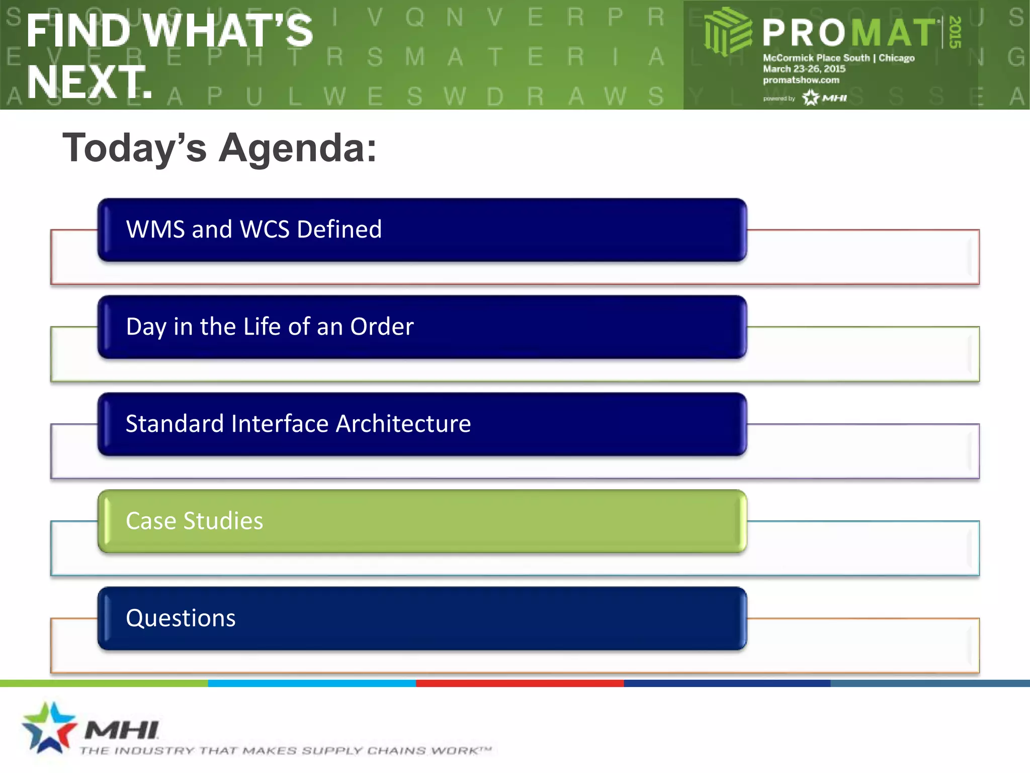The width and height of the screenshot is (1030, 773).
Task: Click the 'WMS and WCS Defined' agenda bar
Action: tap(421, 229)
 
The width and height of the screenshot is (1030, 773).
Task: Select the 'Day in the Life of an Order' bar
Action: tap(421, 327)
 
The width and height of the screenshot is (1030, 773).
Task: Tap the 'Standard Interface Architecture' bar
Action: tap(421, 424)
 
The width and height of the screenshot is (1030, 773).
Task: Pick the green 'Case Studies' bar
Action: tap(421, 521)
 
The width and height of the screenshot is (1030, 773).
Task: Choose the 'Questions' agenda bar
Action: tap(421, 618)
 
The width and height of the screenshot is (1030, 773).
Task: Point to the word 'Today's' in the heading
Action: tap(134, 148)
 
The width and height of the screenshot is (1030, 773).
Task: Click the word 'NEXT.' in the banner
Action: tap(89, 82)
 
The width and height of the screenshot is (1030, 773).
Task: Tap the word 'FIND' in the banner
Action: tap(78, 31)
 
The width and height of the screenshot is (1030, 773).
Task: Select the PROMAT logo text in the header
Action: tap(848, 33)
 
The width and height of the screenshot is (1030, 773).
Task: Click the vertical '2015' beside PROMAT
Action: tap(955, 32)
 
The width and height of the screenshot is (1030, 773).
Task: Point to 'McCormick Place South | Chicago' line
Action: tap(838, 58)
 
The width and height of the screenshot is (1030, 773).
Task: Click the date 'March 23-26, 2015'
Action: tap(804, 69)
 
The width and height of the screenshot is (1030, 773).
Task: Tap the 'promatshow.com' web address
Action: tap(801, 80)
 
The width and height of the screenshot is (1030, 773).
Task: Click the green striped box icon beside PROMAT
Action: tap(727, 31)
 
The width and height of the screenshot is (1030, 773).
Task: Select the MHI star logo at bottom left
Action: tap(49, 728)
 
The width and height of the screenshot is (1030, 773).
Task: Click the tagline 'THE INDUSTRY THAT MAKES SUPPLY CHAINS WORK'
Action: tap(285, 751)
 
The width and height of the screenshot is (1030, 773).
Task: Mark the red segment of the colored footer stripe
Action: tap(520, 683)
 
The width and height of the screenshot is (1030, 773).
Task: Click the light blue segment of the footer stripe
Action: tap(312, 683)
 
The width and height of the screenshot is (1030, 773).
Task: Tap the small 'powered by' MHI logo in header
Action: tap(825, 98)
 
